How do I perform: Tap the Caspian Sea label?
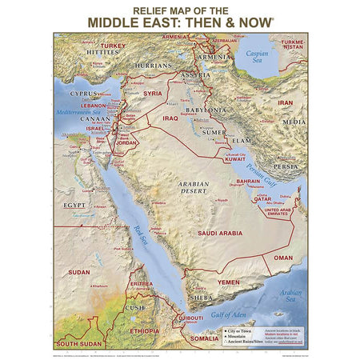point(260,58)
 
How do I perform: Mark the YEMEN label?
point(230,282)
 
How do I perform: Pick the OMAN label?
point(284,258)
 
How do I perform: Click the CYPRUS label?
point(83,93)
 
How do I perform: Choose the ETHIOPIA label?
point(144,330)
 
